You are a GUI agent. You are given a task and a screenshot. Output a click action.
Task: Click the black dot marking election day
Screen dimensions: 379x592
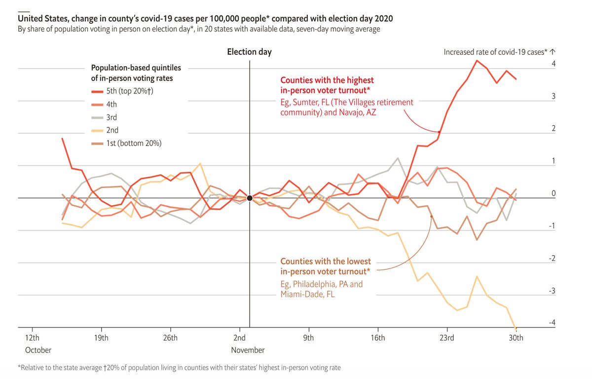(250, 198)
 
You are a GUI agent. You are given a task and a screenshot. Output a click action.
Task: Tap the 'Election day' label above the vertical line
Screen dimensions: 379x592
(249, 52)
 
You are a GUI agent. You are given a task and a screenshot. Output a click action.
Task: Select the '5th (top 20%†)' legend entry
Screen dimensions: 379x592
(126, 91)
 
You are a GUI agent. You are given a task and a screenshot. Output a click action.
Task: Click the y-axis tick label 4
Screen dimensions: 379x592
(554, 64)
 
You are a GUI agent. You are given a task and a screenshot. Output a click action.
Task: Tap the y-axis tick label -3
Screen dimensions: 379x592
(553, 291)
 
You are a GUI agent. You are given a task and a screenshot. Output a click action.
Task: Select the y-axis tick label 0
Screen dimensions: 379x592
(554, 193)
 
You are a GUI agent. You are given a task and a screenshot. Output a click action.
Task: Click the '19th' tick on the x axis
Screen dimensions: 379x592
(101, 338)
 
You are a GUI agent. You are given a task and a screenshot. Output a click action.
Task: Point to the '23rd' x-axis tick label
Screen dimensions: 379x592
(447, 338)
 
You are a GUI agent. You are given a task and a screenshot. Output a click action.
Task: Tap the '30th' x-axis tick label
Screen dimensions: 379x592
(516, 338)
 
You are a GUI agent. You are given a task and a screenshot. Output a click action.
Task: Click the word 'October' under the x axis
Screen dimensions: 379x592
(38, 350)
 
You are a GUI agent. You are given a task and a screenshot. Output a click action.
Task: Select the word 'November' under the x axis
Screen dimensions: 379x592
(248, 350)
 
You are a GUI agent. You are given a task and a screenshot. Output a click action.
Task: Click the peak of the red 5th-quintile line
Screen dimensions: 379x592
(477, 61)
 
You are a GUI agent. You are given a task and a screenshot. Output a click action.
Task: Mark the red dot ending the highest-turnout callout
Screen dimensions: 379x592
(439, 132)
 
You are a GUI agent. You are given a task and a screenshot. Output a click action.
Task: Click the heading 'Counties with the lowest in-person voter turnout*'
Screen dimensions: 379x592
(326, 266)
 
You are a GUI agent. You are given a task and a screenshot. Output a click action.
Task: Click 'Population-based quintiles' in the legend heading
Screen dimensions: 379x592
(136, 68)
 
